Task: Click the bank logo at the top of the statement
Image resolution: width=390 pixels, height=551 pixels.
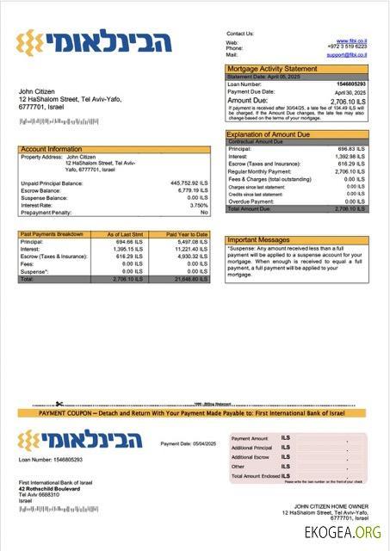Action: tap(95, 40)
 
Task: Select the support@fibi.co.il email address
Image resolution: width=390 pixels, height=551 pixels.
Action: tap(347, 54)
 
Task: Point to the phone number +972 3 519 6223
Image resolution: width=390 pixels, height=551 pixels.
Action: tap(348, 47)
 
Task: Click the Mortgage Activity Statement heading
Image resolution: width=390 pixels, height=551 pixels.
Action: tap(271, 68)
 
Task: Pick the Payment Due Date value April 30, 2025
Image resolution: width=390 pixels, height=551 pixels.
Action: tap(350, 91)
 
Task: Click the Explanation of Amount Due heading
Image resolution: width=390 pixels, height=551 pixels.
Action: tap(271, 134)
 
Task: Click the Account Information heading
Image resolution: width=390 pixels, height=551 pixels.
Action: tap(52, 149)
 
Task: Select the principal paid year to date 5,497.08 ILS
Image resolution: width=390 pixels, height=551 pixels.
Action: tap(192, 242)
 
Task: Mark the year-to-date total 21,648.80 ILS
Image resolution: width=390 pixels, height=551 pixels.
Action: tap(190, 279)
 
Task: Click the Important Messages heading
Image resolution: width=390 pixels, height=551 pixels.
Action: tap(259, 240)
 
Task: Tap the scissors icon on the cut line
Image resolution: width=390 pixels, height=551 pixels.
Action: tap(59, 403)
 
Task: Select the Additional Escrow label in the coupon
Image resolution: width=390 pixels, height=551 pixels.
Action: tap(251, 457)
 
